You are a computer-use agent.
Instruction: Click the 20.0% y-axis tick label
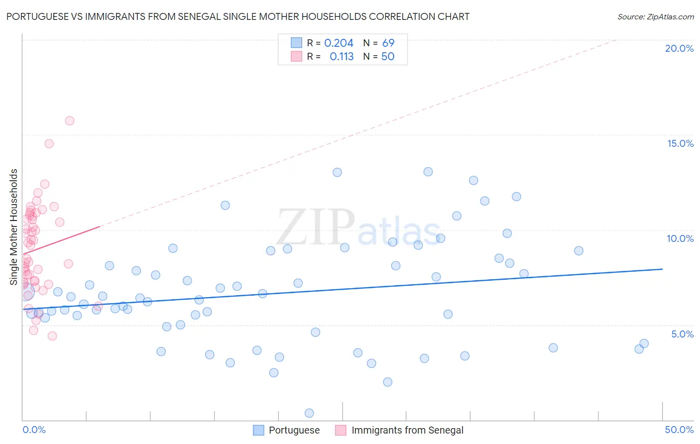(x=679, y=48)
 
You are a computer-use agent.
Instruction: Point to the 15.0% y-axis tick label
(x=680, y=143)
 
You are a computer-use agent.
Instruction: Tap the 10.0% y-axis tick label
(x=680, y=238)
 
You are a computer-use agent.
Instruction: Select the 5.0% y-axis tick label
(x=682, y=333)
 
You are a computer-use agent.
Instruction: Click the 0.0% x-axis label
(x=34, y=430)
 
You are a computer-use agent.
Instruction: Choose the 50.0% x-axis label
(x=679, y=430)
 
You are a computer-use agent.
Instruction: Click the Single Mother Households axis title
(x=14, y=227)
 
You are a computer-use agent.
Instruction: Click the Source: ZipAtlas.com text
(x=655, y=17)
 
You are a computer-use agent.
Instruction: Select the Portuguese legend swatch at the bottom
(x=258, y=430)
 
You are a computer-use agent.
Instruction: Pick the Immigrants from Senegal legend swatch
(x=341, y=430)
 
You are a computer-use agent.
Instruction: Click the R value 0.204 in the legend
(x=339, y=43)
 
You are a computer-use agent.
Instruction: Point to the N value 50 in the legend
(x=388, y=57)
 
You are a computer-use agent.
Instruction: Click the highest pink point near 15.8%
(x=70, y=120)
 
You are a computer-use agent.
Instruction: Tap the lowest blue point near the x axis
(x=309, y=413)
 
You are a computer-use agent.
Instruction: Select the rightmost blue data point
(x=644, y=343)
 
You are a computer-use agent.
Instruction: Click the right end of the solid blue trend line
(x=662, y=269)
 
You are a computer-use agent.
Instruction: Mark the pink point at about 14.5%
(x=49, y=143)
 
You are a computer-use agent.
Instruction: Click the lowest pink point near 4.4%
(x=52, y=336)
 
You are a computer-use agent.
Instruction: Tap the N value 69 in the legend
(x=388, y=43)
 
